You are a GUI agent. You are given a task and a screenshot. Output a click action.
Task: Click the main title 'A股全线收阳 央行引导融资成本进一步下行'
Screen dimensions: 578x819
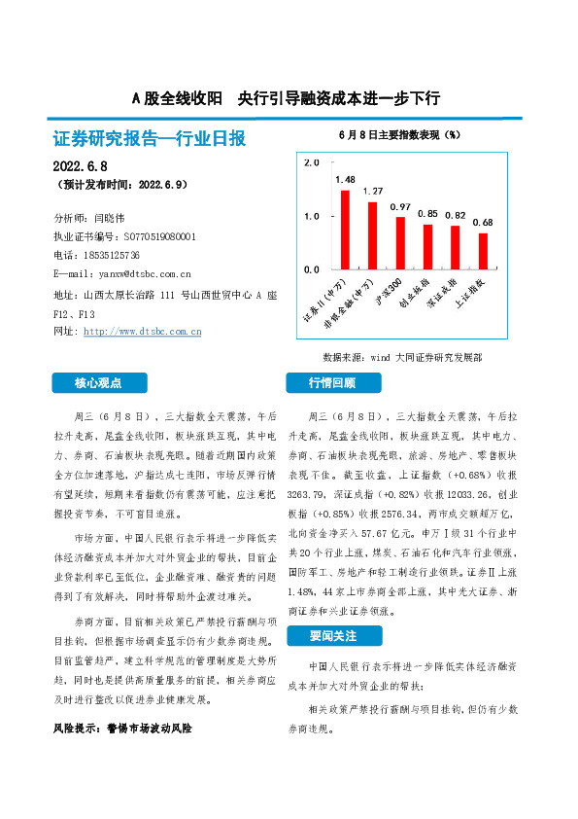(287, 98)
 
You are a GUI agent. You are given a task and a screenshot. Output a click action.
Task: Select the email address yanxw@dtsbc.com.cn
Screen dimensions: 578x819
(137, 274)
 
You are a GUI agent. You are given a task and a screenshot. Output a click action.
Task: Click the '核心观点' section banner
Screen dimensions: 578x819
(100, 382)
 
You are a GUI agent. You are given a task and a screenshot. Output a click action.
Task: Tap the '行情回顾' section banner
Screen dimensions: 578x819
(332, 382)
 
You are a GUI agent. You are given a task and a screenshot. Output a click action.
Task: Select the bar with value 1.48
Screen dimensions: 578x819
(345, 229)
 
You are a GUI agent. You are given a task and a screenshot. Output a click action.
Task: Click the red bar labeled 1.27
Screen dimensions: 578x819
(372, 234)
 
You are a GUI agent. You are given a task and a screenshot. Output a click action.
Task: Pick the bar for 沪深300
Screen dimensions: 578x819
(400, 242)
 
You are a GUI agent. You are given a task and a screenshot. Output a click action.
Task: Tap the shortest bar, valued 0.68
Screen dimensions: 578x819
(483, 250)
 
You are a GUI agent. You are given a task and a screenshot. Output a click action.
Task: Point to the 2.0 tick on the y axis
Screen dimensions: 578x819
(312, 162)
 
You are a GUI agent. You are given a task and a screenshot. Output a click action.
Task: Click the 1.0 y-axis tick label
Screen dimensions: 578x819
(312, 215)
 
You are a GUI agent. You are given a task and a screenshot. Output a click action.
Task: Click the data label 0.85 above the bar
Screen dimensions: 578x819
(427, 213)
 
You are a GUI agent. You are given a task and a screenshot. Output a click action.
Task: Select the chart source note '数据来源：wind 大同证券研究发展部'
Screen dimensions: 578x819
(401, 357)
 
